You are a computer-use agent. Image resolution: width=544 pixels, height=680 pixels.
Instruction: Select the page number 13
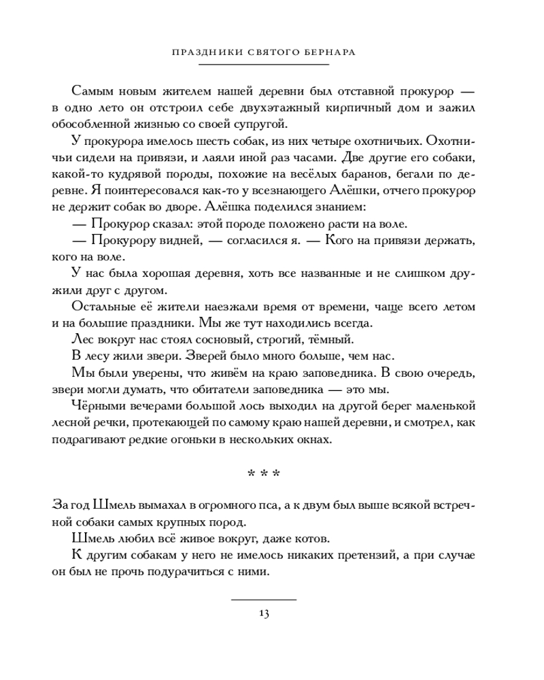tap(264, 613)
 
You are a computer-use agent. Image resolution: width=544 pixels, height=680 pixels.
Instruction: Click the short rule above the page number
tap(264, 600)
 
